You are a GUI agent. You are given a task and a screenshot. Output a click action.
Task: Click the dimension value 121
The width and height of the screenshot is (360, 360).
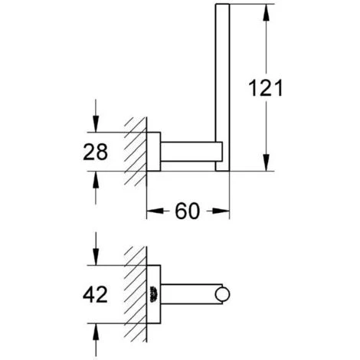266,88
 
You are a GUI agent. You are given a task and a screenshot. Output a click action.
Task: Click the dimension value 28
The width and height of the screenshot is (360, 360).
95,152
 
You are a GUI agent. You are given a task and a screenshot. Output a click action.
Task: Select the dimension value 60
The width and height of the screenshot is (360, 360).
187,211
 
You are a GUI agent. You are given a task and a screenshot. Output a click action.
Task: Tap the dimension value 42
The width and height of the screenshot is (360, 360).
95,294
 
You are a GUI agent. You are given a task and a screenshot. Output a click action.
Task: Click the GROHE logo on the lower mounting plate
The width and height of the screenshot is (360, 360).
154,294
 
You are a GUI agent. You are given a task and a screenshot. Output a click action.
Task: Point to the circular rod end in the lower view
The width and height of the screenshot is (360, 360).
222,294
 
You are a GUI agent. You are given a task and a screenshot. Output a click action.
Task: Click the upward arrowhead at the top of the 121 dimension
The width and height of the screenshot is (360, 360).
266,13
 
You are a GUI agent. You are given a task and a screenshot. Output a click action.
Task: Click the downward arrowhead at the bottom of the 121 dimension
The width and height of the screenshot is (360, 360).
266,162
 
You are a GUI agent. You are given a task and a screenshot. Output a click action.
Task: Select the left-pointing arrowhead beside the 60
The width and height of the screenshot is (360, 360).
155,211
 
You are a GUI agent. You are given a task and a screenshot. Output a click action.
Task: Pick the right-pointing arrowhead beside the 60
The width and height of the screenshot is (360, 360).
221,211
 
